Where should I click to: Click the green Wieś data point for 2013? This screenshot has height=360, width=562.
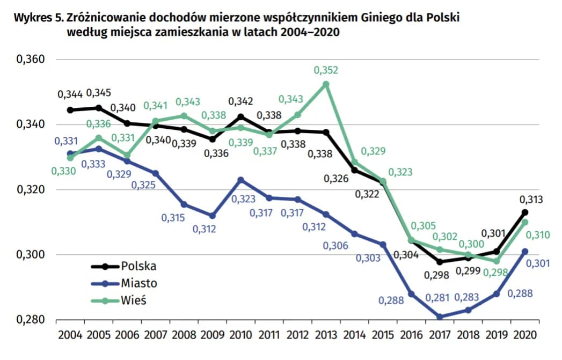click(x=326, y=84)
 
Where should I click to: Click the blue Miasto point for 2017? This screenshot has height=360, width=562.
click(x=440, y=317)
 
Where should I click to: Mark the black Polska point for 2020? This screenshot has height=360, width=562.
click(x=525, y=212)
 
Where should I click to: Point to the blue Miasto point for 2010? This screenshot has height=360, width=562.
click(x=241, y=180)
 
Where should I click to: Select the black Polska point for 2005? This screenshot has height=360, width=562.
click(x=99, y=108)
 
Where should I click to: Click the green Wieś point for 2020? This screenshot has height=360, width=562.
click(x=525, y=222)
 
